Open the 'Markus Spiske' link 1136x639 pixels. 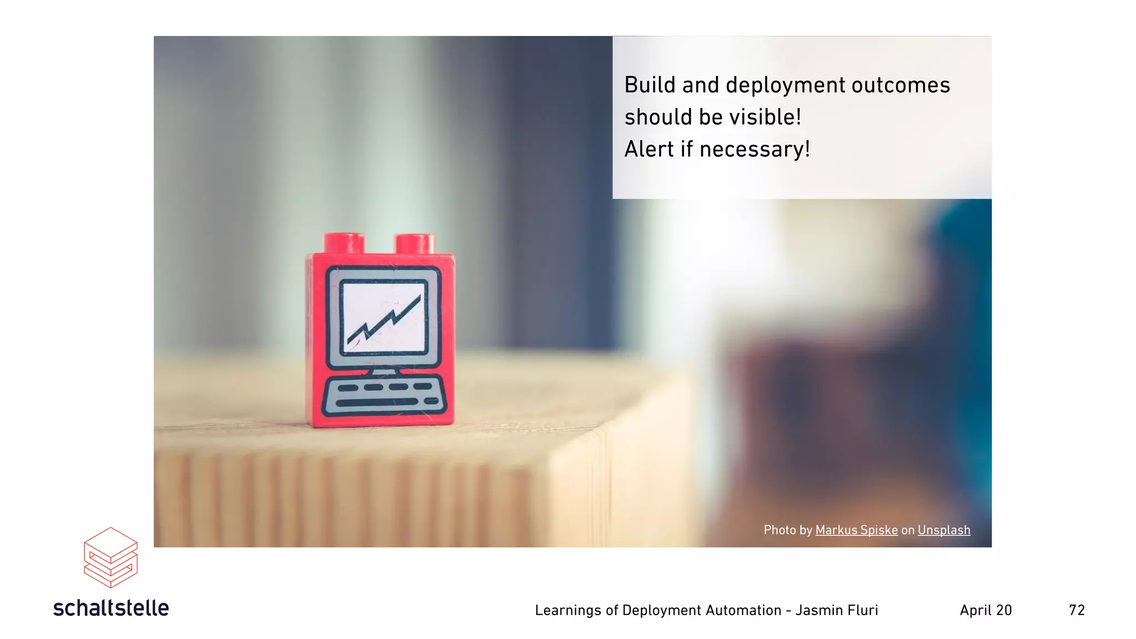coord(856,530)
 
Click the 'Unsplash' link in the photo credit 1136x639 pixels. coord(944,530)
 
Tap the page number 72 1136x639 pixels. coord(1077,610)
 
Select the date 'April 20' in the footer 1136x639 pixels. coord(986,610)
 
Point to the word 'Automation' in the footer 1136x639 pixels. coord(743,610)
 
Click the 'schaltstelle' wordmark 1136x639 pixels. coord(111,608)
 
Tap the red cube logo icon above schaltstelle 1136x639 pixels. coord(110,557)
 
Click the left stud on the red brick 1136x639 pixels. coord(344,243)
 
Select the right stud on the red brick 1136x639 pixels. coord(414,244)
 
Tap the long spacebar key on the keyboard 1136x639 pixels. coord(377,402)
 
